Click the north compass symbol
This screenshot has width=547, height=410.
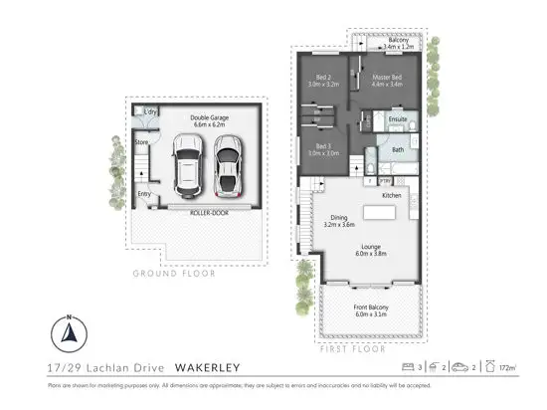pyautogui.click(x=68, y=334)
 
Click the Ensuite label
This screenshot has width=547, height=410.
pyautogui.click(x=397, y=120)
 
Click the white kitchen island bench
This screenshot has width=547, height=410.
pyautogui.click(x=380, y=213)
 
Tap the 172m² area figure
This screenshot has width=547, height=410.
pyautogui.click(x=508, y=368)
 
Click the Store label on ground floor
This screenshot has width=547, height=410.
pyautogui.click(x=141, y=142)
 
